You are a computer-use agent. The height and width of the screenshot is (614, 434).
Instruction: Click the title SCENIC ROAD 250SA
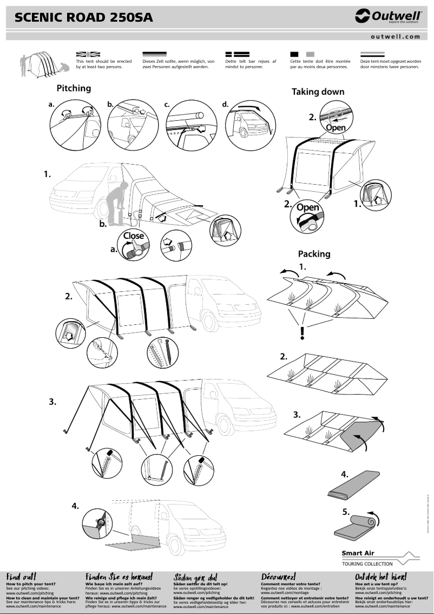pyautogui.click(x=84, y=18)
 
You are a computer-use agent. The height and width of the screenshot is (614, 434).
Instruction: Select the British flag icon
pyautogui.click(x=88, y=54)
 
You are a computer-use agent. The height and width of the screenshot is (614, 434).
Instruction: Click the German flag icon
pyautogui.click(x=154, y=54)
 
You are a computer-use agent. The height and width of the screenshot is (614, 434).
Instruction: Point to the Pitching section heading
pyautogui.click(x=74, y=88)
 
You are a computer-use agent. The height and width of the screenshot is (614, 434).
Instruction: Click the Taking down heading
pyautogui.click(x=318, y=92)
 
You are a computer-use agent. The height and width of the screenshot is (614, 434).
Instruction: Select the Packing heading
pyautogui.click(x=314, y=253)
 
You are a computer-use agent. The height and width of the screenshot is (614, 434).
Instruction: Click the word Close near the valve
pyautogui.click(x=133, y=236)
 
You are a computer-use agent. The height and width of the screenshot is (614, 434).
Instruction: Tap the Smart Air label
pyautogui.click(x=358, y=553)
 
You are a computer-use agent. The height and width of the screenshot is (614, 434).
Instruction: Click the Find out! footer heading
pyautogui.click(x=21, y=577)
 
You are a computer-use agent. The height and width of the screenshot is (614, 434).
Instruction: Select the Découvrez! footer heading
pyautogui.click(x=278, y=577)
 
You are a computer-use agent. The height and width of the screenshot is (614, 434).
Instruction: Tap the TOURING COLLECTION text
pyautogui.click(x=367, y=564)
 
